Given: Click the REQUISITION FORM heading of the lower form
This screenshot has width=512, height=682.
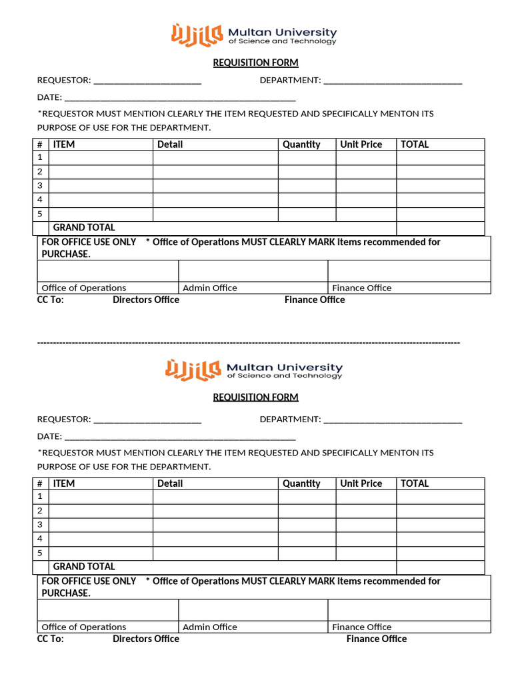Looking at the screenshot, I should coord(255,397).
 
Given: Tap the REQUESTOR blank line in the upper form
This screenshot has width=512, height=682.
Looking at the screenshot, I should coord(147,81).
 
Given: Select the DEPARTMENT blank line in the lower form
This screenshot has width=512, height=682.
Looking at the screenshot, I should coord(392,420).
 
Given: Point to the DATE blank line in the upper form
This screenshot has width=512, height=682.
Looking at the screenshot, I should coord(180,99).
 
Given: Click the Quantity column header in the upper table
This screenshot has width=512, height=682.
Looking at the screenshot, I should coord(301,145).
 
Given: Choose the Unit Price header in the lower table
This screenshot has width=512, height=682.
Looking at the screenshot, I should coord(361,484).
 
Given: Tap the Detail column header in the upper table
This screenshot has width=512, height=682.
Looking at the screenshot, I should coord(170,145).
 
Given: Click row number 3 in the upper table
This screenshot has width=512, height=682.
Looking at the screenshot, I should coord(40,186).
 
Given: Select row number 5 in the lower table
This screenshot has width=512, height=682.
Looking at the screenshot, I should coord(40,553).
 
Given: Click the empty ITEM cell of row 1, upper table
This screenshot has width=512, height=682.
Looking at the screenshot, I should coord(101,158).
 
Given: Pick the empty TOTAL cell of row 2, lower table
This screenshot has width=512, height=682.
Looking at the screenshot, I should coord(440,511).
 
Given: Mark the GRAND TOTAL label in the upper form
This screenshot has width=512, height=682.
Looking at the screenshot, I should coord(84,228).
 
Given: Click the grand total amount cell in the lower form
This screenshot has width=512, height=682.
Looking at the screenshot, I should coord(440,567).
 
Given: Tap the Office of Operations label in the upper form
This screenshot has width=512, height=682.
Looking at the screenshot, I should coord(84,288).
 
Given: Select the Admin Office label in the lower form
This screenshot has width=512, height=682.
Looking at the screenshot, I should coord(210,627).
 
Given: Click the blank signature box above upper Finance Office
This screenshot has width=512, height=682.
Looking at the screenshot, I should coord(409,271).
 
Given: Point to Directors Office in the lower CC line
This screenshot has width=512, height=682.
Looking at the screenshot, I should coord(146,639).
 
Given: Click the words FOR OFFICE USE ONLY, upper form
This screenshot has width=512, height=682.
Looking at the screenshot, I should coord(89,242).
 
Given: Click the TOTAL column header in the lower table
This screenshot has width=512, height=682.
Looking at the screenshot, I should coord(415,484).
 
